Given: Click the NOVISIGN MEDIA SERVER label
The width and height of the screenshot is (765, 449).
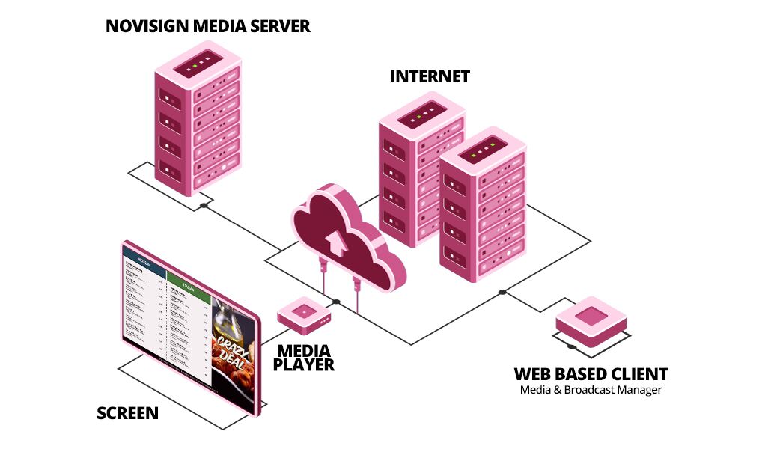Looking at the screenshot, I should point(207,27).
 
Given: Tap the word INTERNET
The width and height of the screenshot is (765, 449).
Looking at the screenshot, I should point(430,76).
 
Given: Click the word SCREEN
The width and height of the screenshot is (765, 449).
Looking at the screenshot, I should point(127,412).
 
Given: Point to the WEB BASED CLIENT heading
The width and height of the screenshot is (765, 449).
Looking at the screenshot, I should point(590,374).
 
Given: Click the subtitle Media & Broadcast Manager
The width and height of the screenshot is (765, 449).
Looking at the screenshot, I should point(591,390).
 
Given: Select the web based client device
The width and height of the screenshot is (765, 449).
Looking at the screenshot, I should point(591,321).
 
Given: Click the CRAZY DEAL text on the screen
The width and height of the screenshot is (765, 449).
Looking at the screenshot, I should point(234,351).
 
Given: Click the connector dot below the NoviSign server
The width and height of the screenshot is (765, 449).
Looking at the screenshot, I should point(204,205).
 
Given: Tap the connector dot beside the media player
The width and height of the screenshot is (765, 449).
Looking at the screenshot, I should point(336,302).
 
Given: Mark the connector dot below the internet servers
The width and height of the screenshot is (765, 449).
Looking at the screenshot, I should point(502,292).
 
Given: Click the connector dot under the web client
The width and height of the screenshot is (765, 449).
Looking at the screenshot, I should point(572,346).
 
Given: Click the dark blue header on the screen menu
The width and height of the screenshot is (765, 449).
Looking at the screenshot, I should point(144,264).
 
